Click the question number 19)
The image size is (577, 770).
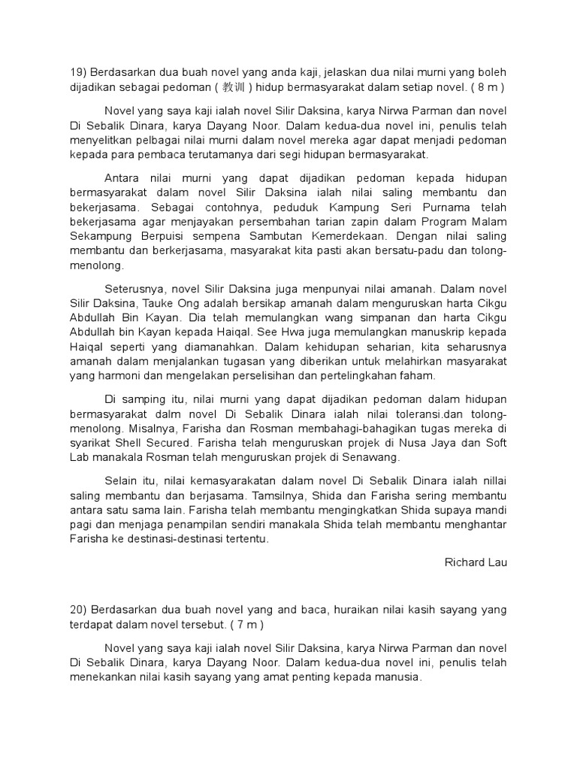[x=77, y=72]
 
